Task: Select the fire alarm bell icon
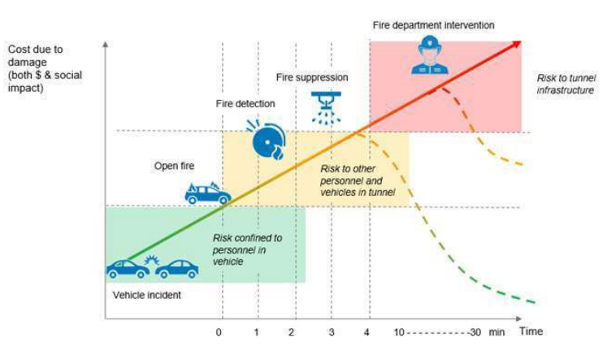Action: point(268,138)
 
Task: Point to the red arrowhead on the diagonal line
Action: point(516,45)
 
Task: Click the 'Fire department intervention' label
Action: point(433,25)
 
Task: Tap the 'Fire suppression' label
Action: point(312,77)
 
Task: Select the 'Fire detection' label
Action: point(245,104)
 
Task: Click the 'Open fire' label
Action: point(175,166)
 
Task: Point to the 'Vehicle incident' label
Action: point(147,295)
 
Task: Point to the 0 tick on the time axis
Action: point(219,332)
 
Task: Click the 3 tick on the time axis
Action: point(331,332)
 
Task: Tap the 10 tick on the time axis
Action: point(398,332)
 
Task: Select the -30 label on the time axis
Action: point(476,332)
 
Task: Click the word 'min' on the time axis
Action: point(497,332)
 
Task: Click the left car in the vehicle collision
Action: point(128,268)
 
